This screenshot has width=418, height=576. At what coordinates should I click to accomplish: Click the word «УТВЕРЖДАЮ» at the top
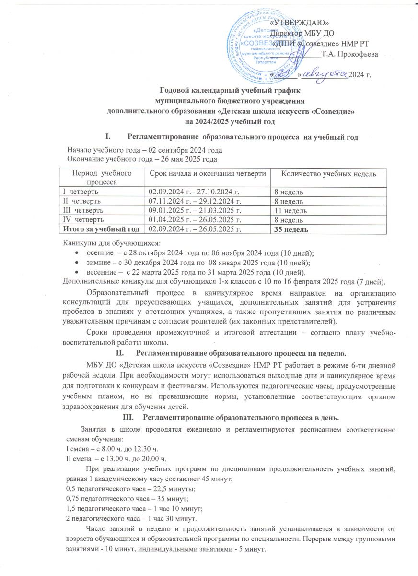pyautogui.click(x=299, y=23)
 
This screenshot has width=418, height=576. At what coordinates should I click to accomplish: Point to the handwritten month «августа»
pyautogui.click(x=325, y=73)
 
